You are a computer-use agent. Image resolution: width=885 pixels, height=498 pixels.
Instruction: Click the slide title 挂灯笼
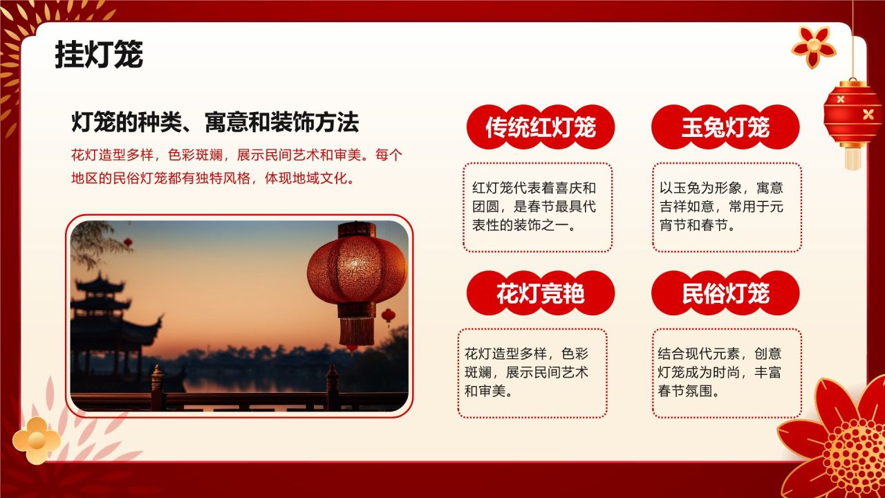[x=99, y=55]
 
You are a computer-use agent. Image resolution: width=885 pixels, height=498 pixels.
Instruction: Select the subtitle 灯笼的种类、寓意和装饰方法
[x=215, y=122]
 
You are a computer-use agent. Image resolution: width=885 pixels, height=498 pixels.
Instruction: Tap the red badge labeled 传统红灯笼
[x=540, y=127]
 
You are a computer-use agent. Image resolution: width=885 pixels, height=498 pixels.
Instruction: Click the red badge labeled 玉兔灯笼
[x=725, y=127]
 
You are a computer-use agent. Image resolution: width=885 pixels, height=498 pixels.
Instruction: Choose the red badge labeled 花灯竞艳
[x=540, y=293]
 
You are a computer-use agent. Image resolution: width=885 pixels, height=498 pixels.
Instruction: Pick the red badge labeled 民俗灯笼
[x=725, y=293]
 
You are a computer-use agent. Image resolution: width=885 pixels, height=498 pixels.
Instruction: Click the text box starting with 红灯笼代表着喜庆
[x=537, y=207]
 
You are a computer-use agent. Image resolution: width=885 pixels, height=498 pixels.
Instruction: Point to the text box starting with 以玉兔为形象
[x=727, y=207]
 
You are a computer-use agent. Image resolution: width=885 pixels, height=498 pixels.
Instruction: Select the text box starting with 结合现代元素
[x=727, y=373]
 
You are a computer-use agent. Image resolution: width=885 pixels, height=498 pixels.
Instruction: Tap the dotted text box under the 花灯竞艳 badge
[x=532, y=373]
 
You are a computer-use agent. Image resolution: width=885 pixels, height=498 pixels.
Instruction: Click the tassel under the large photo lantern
[x=356, y=330]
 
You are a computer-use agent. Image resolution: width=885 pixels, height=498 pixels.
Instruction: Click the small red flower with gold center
[x=814, y=46]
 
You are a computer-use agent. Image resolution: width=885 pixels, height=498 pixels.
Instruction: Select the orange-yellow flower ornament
[x=36, y=440]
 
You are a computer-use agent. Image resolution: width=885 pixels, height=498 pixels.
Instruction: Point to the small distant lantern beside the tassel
[x=389, y=317]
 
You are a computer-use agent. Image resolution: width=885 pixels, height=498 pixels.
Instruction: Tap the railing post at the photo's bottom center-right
[x=333, y=387]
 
